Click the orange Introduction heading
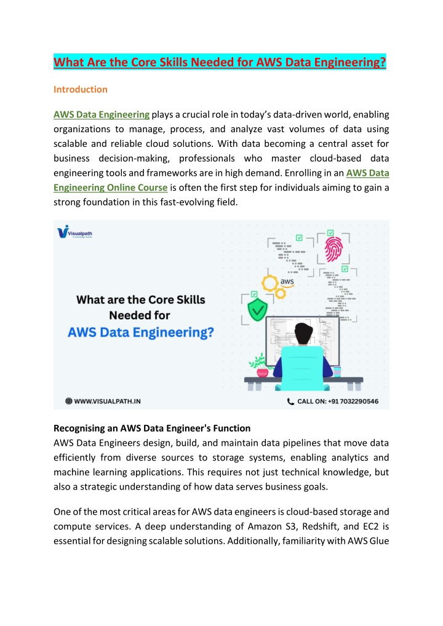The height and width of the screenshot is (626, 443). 80,89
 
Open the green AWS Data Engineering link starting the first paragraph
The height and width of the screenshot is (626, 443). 102,114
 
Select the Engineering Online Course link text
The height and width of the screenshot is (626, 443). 110,188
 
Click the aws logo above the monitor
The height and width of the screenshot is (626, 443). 287,282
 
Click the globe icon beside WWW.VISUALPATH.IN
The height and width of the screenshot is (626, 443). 70,401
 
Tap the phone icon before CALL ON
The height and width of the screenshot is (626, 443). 291,401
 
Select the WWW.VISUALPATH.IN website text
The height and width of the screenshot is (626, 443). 108,401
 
